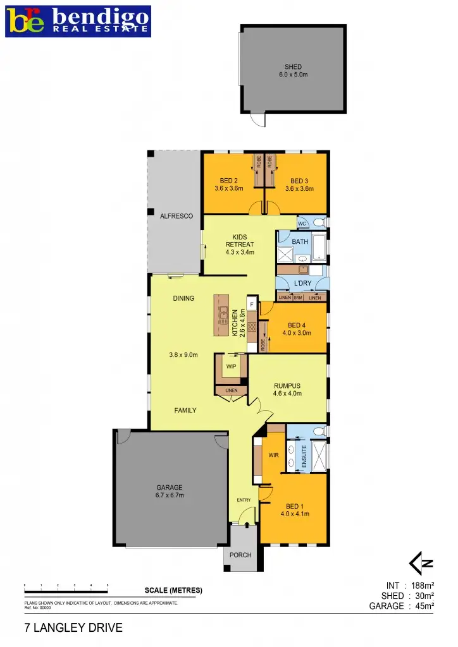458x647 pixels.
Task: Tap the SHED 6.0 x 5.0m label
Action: pyautogui.click(x=293, y=71)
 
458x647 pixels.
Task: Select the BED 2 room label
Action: pyautogui.click(x=228, y=184)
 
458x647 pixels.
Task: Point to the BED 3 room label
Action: pyautogui.click(x=299, y=184)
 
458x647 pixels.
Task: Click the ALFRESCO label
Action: pyautogui.click(x=176, y=216)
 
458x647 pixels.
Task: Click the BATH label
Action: pyautogui.click(x=299, y=241)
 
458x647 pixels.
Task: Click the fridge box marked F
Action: pyautogui.click(x=252, y=305)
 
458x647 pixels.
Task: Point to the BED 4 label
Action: pyautogui.click(x=299, y=328)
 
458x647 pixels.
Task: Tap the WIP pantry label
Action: pyautogui.click(x=231, y=365)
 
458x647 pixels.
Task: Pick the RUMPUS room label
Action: pyautogui.click(x=288, y=389)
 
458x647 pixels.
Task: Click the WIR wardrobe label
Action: pyautogui.click(x=274, y=454)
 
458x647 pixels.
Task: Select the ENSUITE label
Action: pyautogui.click(x=304, y=456)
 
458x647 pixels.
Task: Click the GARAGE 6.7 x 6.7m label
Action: pyautogui.click(x=170, y=491)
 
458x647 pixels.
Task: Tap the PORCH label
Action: pyautogui.click(x=241, y=555)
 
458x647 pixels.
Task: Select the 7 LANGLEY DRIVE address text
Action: pyautogui.click(x=73, y=629)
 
